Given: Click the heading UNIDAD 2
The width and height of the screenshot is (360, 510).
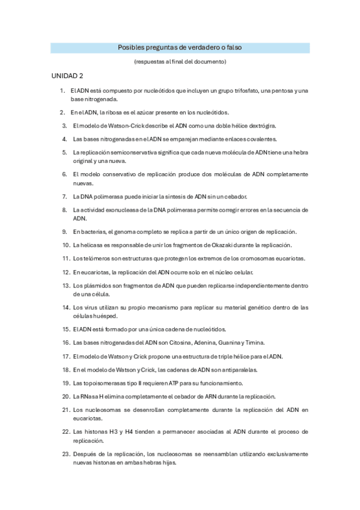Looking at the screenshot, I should [x=67, y=76].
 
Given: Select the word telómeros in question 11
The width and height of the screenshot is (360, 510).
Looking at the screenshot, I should [x=96, y=259].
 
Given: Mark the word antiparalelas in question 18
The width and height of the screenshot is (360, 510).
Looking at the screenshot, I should [x=221, y=369].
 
